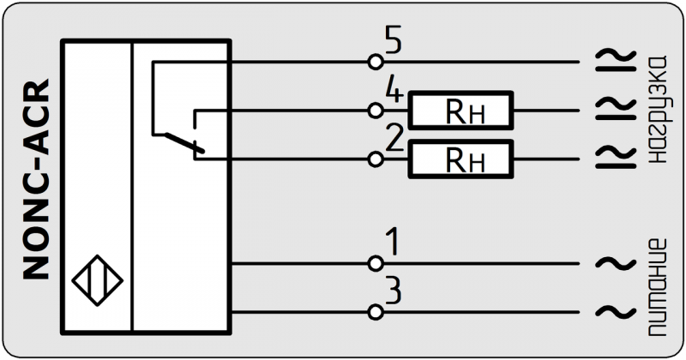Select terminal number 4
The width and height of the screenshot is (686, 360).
pos(394,92)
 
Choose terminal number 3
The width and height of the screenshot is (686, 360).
pos(393,291)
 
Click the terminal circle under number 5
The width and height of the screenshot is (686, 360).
pos(374,63)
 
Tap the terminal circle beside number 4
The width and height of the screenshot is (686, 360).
pos(374,111)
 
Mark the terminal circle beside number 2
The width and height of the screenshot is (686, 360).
pos(374,159)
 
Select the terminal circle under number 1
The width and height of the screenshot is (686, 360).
pos(374,262)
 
